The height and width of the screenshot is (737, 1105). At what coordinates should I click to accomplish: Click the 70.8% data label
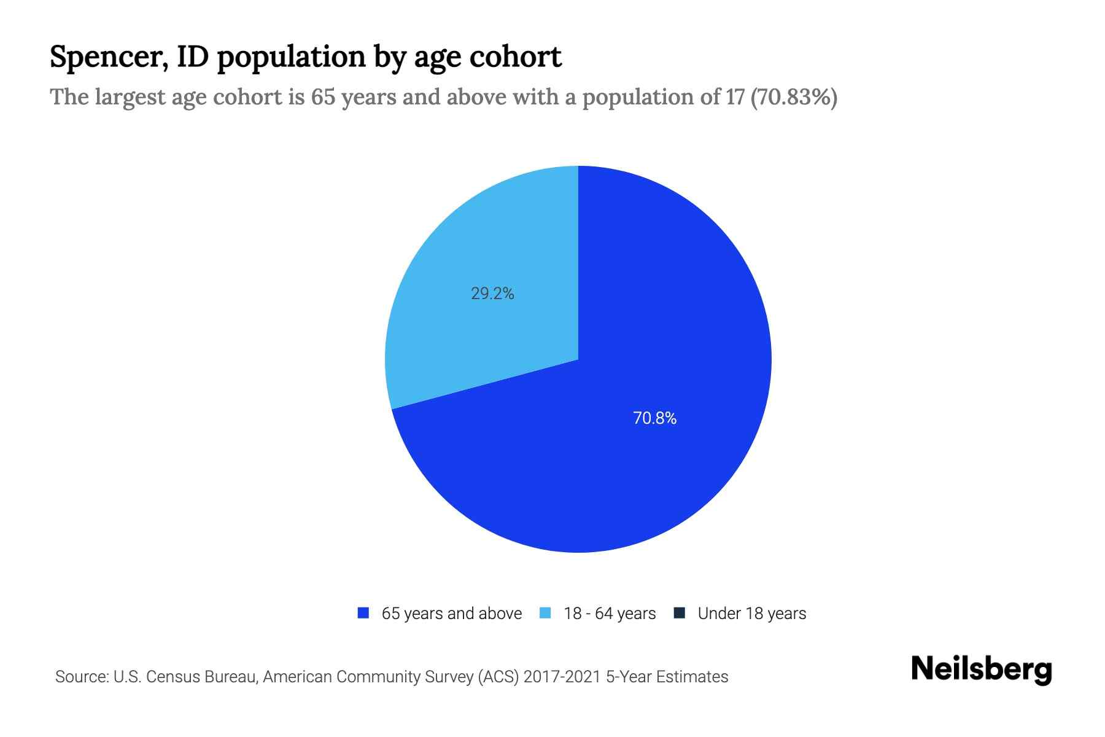pyautogui.click(x=654, y=418)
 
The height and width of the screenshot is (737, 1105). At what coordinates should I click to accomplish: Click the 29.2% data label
pyautogui.click(x=492, y=294)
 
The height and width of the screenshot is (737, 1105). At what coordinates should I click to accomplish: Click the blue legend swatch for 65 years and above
pyautogui.click(x=363, y=613)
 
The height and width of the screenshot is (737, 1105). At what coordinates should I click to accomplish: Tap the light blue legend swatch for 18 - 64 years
pyautogui.click(x=545, y=613)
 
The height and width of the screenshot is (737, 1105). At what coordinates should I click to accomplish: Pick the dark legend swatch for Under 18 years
pyautogui.click(x=679, y=613)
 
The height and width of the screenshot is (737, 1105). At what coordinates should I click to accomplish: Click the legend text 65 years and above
pyautogui.click(x=451, y=614)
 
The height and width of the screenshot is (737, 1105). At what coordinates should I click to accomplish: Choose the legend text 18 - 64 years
pyautogui.click(x=609, y=614)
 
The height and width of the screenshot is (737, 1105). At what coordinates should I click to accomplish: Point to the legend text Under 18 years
pyautogui.click(x=751, y=614)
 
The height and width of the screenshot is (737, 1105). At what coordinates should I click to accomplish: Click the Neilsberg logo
pyautogui.click(x=981, y=669)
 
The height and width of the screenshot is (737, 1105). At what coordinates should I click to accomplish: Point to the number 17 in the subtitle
pyautogui.click(x=735, y=97)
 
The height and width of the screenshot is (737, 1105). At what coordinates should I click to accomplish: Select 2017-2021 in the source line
pyautogui.click(x=562, y=677)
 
